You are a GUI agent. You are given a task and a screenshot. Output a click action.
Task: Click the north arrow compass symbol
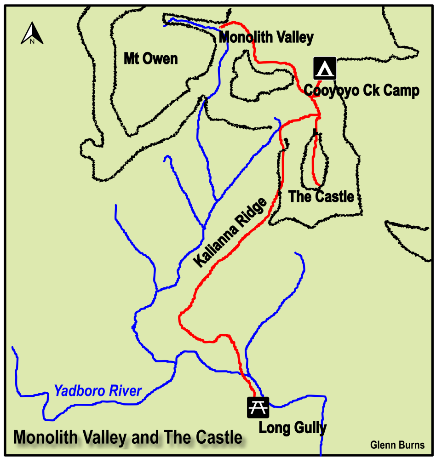click(32, 34)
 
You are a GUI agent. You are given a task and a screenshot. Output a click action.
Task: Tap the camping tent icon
click(325, 68)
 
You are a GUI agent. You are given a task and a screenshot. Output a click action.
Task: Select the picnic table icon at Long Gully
click(258, 407)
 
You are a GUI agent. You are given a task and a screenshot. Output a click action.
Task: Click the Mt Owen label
click(150, 59)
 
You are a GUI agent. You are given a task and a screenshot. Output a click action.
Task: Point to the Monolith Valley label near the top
click(266, 38)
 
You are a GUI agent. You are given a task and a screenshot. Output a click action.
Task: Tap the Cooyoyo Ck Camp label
click(361, 91)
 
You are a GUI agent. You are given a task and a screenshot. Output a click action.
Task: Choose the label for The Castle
click(321, 196)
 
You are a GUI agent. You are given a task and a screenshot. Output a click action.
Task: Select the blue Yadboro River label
click(98, 391)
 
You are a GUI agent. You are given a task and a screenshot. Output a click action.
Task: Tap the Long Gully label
click(293, 428)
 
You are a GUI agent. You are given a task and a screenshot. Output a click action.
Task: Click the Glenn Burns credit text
click(397, 445)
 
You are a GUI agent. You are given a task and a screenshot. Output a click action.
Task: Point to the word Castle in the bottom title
click(218, 437)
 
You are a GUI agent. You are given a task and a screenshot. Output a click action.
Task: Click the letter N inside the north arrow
click(32, 41)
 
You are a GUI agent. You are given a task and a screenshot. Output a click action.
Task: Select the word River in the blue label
click(126, 391)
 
